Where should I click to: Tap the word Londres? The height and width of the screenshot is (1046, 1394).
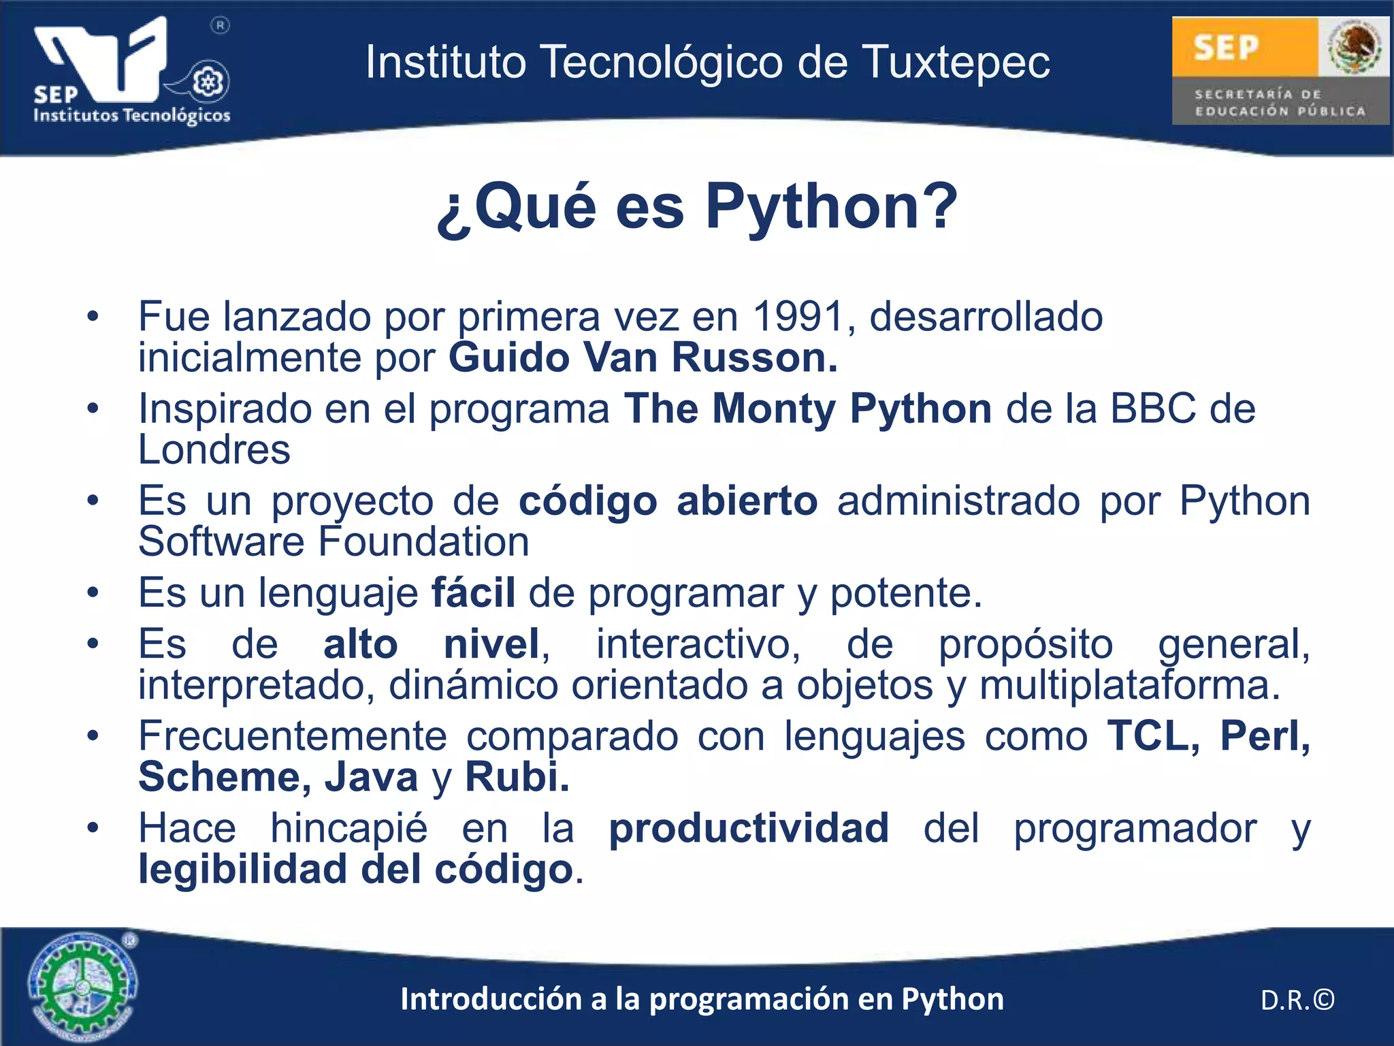click(x=214, y=450)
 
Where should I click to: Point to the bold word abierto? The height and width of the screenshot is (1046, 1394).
click(x=747, y=501)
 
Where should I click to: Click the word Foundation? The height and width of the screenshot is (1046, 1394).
click(x=423, y=542)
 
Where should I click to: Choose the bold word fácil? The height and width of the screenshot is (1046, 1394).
click(x=473, y=592)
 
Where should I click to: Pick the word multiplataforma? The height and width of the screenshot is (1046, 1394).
click(x=1129, y=685)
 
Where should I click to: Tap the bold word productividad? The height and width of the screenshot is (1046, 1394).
click(x=748, y=829)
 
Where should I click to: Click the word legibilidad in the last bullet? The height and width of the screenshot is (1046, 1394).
click(x=242, y=870)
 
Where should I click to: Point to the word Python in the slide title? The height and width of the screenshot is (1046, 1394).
click(x=830, y=207)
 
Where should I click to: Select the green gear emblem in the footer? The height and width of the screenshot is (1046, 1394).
click(x=82, y=985)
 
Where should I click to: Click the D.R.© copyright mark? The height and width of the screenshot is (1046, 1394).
click(x=1297, y=1000)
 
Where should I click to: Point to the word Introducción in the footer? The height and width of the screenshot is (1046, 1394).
click(x=493, y=999)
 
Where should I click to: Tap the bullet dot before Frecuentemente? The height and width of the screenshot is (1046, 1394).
click(x=93, y=735)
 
